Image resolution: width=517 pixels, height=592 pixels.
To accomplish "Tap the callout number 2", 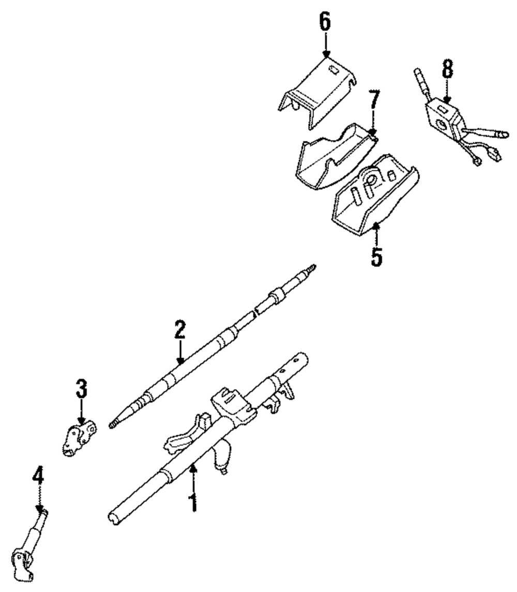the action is [x=179, y=329].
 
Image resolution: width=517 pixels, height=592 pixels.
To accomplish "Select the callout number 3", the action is [x=82, y=389].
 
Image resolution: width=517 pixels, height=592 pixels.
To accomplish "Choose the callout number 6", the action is [x=325, y=24].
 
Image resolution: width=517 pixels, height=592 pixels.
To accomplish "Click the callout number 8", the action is [x=447, y=69].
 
